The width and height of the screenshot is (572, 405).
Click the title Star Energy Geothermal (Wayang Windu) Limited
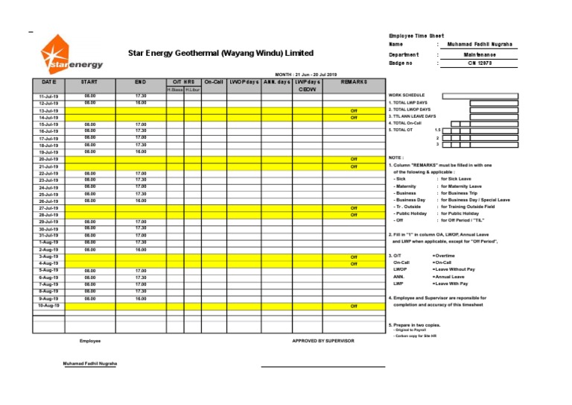pos(220,54)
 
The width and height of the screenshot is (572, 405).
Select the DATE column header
pos(48,81)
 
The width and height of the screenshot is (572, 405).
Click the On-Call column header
pos(213,81)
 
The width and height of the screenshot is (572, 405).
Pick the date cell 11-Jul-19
pos(48,97)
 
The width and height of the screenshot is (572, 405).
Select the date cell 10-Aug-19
pos(48,306)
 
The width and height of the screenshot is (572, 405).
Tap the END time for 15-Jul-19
pos(141,125)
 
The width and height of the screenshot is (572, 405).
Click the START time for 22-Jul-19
pos(90,173)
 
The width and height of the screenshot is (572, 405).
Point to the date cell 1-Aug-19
pos(48,242)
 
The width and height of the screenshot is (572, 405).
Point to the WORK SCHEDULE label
pos(408,95)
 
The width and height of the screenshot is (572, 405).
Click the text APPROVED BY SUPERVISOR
pos(323,341)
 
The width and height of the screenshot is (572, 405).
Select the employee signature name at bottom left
pos(90,364)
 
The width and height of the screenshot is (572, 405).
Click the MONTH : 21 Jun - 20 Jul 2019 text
pos(306,75)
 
